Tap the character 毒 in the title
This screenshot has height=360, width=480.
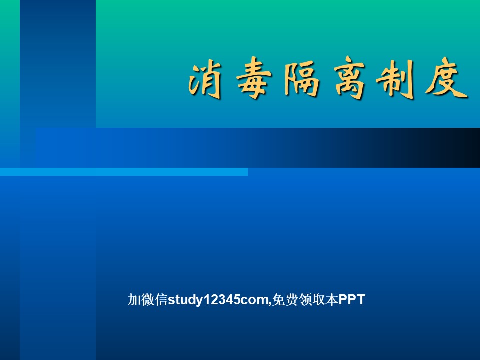[254, 78]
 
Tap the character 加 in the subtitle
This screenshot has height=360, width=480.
[134, 299]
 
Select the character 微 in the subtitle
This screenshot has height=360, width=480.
[148, 299]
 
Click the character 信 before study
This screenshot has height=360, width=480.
[161, 299]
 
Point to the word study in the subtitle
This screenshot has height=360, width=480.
[185, 300]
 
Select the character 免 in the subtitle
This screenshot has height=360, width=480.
[278, 299]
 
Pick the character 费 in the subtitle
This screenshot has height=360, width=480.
[291, 299]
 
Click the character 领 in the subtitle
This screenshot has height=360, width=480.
[305, 299]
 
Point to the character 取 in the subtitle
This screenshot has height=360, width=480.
[318, 299]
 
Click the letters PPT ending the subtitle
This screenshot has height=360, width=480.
[352, 299]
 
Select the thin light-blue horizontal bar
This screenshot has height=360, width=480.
[124, 172]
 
